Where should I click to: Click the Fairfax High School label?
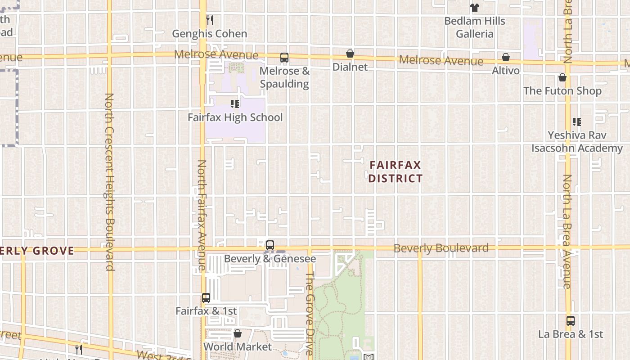(x=235, y=117)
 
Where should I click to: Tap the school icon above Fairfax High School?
(x=235, y=104)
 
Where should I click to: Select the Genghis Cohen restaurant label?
(x=210, y=34)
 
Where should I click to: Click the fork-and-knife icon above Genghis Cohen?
(x=210, y=20)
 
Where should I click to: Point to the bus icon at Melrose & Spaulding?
(x=284, y=58)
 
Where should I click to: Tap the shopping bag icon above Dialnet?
(x=350, y=54)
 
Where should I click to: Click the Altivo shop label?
(x=506, y=71)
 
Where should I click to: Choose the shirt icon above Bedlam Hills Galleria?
(x=475, y=8)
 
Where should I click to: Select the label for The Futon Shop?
(x=562, y=91)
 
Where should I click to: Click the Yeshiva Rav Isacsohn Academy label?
(x=577, y=142)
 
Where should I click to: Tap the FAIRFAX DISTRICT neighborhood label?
(x=396, y=172)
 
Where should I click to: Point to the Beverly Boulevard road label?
(x=441, y=248)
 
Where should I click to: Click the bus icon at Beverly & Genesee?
(x=270, y=245)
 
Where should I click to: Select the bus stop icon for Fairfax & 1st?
(x=206, y=298)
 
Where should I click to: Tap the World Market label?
(x=238, y=347)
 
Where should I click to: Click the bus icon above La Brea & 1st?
(x=571, y=321)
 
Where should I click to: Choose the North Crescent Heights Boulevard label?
(x=109, y=182)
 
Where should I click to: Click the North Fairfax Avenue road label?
(x=202, y=215)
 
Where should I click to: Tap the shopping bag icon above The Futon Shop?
(x=562, y=78)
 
